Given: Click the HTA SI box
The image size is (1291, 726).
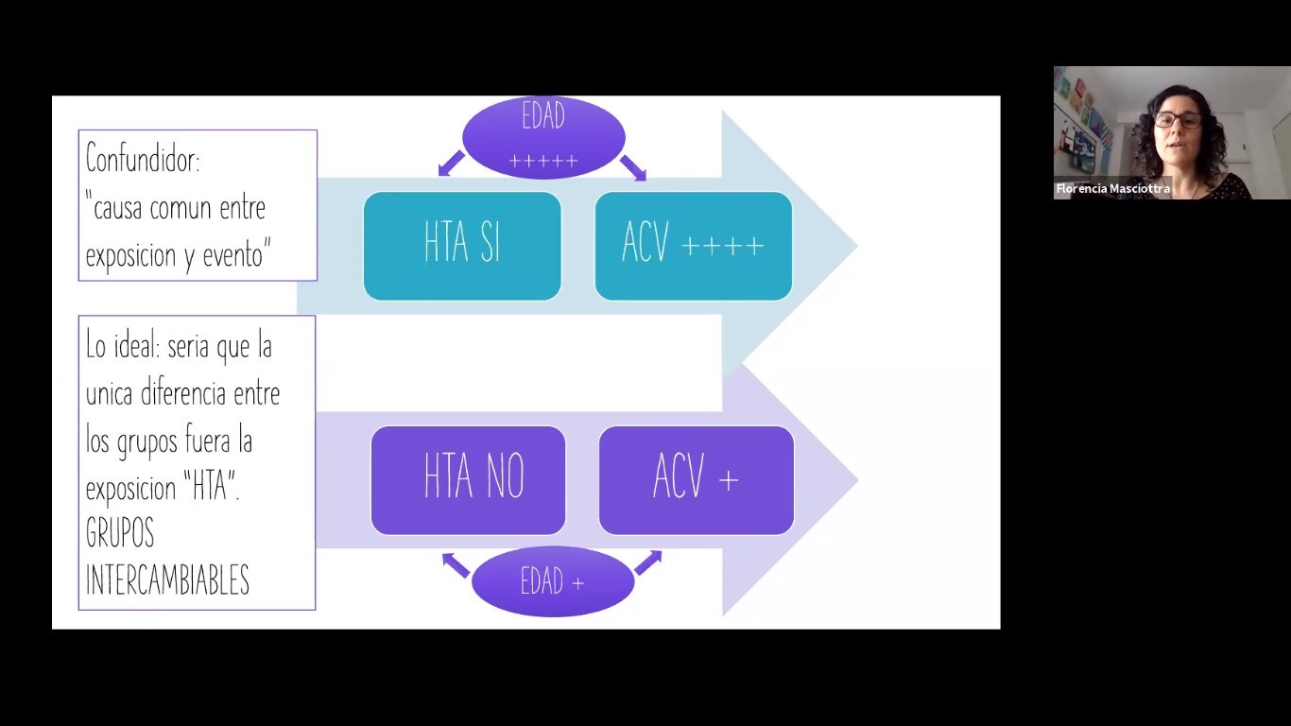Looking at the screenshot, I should tap(462, 246).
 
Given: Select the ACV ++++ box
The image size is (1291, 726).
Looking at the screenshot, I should tap(693, 246).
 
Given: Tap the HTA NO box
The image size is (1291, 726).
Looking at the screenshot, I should tap(468, 479).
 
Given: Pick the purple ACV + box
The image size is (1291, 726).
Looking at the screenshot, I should tap(696, 479).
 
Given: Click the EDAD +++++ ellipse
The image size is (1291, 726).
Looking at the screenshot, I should tap(543, 138).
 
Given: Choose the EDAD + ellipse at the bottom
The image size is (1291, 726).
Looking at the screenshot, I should tap(552, 581).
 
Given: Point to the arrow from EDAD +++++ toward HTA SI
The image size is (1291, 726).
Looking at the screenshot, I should tap(451, 164).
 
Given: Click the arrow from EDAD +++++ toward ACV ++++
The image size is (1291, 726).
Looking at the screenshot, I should tap(633, 167).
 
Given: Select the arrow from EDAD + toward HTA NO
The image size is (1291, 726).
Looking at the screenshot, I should tap(456, 564).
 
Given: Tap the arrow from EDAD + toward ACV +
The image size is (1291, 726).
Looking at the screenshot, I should tap(647, 562).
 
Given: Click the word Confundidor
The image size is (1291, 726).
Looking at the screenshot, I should tap(143, 159).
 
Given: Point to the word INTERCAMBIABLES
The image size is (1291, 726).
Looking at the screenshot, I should tap(167, 580).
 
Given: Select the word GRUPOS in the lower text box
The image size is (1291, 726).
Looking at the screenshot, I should tap(120, 534).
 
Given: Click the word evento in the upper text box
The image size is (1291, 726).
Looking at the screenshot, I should tap(232, 255).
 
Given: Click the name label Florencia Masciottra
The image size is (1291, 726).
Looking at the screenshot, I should tap(1112, 189).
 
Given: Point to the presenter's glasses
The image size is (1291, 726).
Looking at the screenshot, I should tap(1177, 121).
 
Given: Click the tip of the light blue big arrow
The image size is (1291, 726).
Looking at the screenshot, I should tap(855, 246).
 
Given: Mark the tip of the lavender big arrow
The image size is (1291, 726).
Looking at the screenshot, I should tap(855, 480).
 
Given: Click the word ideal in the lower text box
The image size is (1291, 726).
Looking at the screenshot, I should tap(136, 346).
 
